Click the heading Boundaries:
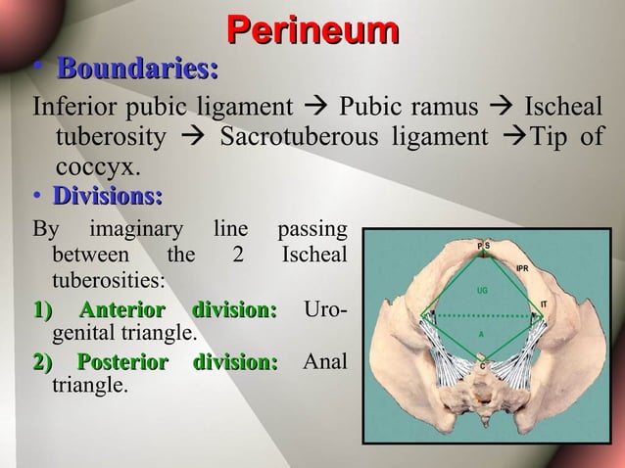(x=137, y=70)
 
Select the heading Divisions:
(x=108, y=196)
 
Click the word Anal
(x=324, y=363)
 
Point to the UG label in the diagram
(x=481, y=291)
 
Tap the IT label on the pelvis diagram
(x=544, y=305)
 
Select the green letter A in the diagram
(x=481, y=335)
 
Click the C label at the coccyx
(x=481, y=366)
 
